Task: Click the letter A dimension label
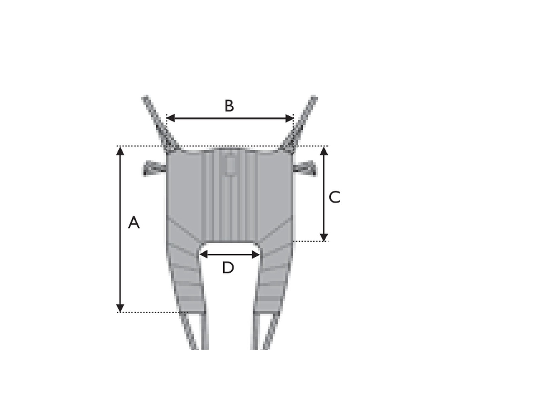133,223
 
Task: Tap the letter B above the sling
229,106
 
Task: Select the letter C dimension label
334,197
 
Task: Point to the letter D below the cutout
228,268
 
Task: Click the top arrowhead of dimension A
120,150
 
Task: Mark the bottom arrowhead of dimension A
120,308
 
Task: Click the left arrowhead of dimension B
171,118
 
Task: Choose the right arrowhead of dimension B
290,118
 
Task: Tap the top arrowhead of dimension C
324,150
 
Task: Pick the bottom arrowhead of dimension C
324,237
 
